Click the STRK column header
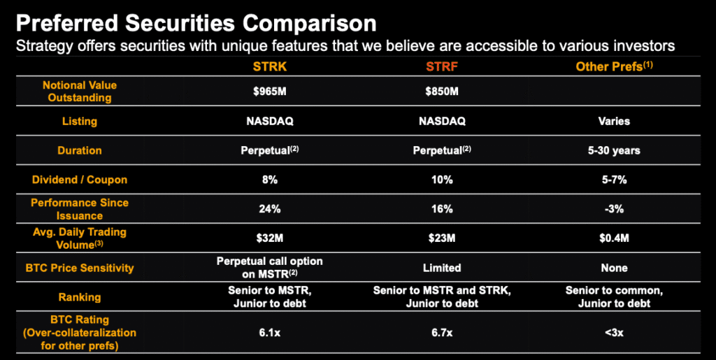click(x=270, y=66)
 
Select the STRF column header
click(x=442, y=66)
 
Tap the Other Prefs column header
click(x=614, y=66)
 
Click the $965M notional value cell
click(x=270, y=92)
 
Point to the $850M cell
click(x=442, y=92)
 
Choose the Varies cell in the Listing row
click(x=614, y=122)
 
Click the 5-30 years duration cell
click(x=614, y=150)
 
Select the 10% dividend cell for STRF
click(x=442, y=180)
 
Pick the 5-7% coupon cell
click(x=614, y=180)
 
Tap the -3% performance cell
click(x=614, y=209)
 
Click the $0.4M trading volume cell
click(x=614, y=238)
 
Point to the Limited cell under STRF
click(x=442, y=267)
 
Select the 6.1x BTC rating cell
click(x=270, y=333)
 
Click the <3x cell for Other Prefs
click(x=614, y=333)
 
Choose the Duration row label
click(x=80, y=150)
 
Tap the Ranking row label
click(x=80, y=297)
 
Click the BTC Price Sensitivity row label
click(x=80, y=267)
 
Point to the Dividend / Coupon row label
click(x=80, y=180)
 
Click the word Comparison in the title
click(x=310, y=24)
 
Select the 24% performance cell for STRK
click(x=270, y=209)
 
